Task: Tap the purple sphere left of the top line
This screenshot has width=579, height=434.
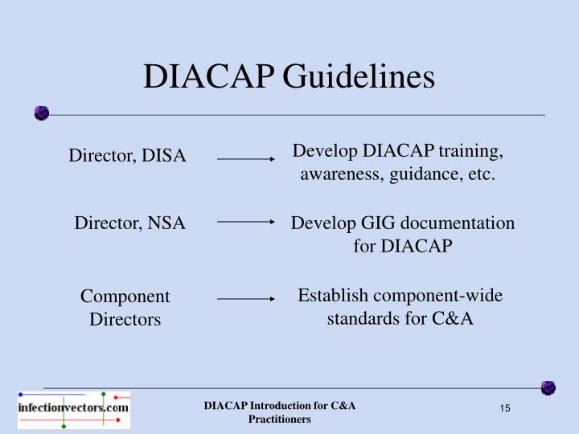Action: click(x=42, y=113)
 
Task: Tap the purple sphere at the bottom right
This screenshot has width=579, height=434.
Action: click(x=548, y=388)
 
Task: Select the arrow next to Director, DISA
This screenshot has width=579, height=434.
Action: click(x=246, y=159)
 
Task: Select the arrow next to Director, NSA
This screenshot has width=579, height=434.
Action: click(x=246, y=221)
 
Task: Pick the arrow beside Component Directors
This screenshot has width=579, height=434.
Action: click(x=246, y=298)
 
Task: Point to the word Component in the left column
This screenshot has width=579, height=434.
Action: click(x=125, y=297)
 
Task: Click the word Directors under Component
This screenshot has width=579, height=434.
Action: click(x=125, y=319)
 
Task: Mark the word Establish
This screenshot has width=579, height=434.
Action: click(x=326, y=295)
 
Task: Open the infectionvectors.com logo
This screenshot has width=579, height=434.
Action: click(x=73, y=408)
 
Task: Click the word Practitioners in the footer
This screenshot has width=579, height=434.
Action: click(x=279, y=420)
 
